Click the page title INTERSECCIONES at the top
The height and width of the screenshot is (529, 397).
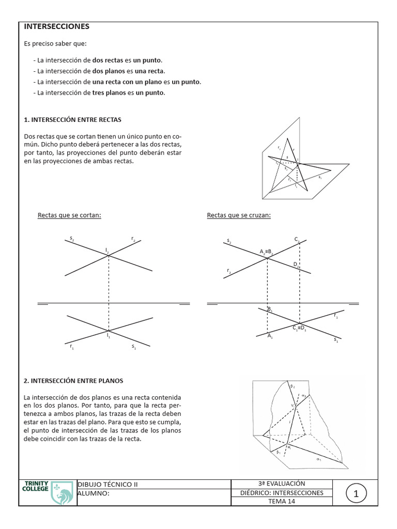coord(57,26)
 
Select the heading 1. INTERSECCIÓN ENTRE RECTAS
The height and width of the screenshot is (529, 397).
coord(72,120)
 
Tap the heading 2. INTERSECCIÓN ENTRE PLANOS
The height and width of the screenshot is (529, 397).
coord(73,381)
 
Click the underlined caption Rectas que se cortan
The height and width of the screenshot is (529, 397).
coord(69,215)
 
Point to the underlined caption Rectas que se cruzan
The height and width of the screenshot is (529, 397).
coord(239,215)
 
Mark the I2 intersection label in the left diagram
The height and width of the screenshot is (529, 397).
coord(108,250)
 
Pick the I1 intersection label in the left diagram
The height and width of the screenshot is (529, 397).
coord(109,336)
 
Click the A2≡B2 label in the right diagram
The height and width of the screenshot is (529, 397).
coord(266,252)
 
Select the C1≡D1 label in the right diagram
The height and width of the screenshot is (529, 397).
coord(299,328)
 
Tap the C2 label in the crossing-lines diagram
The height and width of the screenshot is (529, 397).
coord(297,239)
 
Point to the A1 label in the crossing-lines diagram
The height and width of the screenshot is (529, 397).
coord(270,336)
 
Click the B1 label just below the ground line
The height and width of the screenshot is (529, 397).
coord(270,309)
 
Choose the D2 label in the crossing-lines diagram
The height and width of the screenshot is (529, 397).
coord(296,264)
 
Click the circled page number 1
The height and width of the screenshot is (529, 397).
coord(356,494)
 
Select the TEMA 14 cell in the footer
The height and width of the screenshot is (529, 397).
coord(282,502)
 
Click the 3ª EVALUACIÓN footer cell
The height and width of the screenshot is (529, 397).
coord(282,484)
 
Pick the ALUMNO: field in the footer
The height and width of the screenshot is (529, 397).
coord(94,493)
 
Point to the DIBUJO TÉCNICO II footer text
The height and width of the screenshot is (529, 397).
coord(108,485)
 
